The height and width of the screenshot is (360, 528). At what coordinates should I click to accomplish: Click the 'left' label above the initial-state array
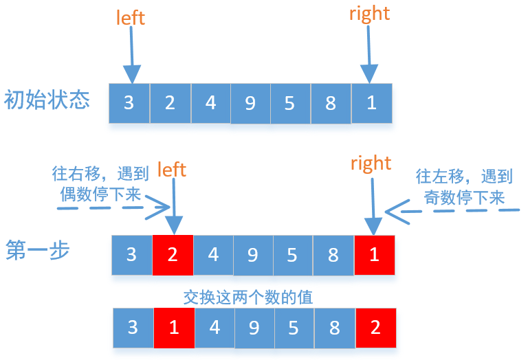[x=131, y=17]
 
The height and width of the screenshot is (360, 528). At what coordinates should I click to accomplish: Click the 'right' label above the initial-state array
[x=370, y=14]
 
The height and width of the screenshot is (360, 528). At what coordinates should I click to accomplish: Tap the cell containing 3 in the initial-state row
[x=129, y=103]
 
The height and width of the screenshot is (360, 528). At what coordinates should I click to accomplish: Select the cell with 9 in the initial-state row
[x=250, y=104]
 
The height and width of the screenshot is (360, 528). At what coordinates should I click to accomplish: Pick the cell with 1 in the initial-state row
[x=371, y=103]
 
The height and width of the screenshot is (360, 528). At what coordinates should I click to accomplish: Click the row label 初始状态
[x=47, y=100]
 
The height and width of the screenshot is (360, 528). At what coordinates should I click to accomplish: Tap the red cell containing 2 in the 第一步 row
[x=173, y=255]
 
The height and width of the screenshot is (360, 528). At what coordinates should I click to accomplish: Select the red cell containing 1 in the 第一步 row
[x=375, y=255]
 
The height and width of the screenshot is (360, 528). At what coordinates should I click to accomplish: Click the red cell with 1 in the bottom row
[x=174, y=327]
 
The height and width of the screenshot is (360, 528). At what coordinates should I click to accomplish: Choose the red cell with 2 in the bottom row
[x=375, y=327]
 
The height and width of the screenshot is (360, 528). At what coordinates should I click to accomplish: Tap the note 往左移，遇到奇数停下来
[x=464, y=187]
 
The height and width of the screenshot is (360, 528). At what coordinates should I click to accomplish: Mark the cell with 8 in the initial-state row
[x=331, y=104]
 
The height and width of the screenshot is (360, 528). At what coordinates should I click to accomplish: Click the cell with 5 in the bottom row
[x=294, y=327]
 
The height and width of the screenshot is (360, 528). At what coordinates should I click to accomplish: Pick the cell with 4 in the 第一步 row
[x=213, y=255]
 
